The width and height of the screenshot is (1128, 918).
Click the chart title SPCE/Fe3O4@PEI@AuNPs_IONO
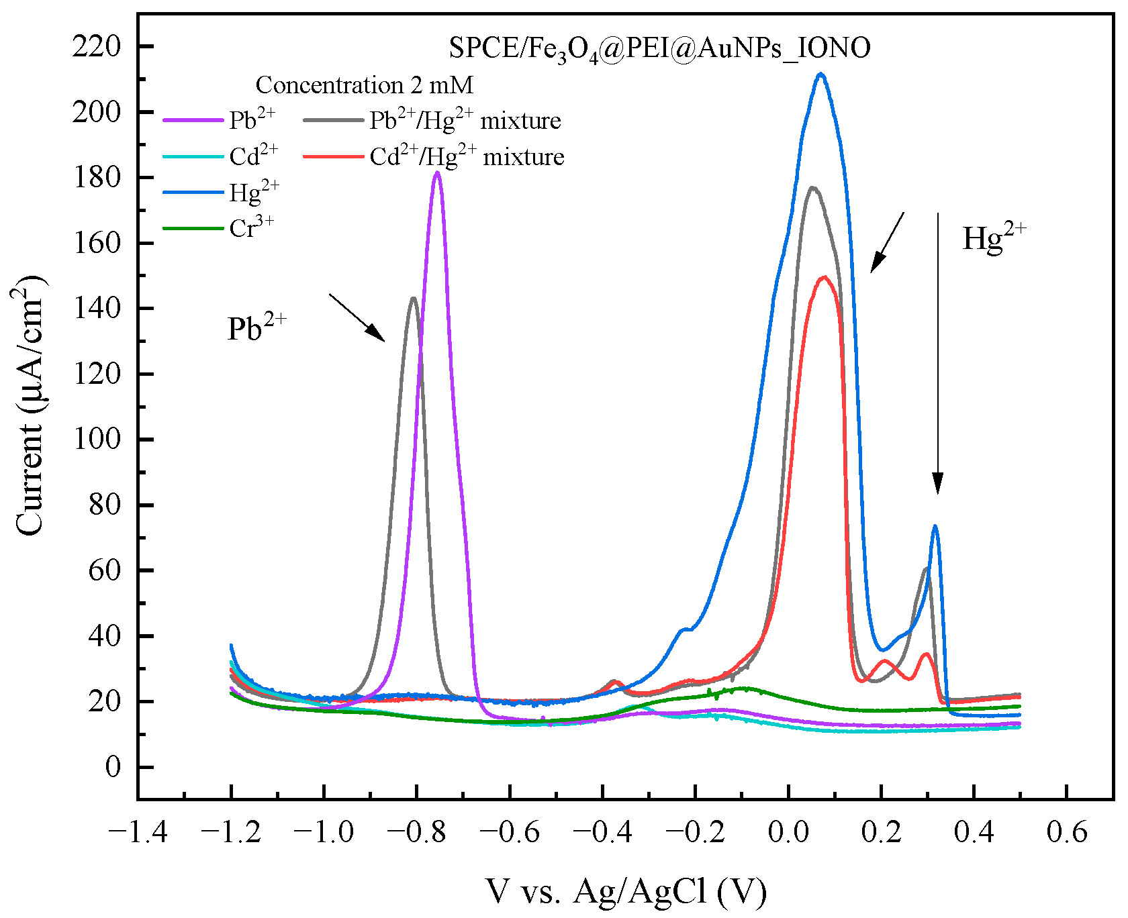pyautogui.click(x=659, y=48)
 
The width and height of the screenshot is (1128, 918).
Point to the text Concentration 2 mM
pyautogui.click(x=365, y=85)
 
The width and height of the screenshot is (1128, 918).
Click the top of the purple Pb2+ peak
pyautogui.click(x=437, y=173)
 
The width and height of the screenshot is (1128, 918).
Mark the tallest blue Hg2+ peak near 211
pyautogui.click(x=820, y=74)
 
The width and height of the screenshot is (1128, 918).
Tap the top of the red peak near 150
pyautogui.click(x=825, y=277)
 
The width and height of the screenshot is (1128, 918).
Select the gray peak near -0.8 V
pyautogui.click(x=413, y=299)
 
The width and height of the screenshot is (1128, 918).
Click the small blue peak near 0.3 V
pyautogui.click(x=935, y=527)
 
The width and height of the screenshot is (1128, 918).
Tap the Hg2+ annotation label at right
pyautogui.click(x=994, y=238)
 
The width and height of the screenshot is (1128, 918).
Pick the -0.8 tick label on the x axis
pyautogui.click(x=416, y=833)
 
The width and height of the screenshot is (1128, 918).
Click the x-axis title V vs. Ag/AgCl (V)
pyautogui.click(x=626, y=891)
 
